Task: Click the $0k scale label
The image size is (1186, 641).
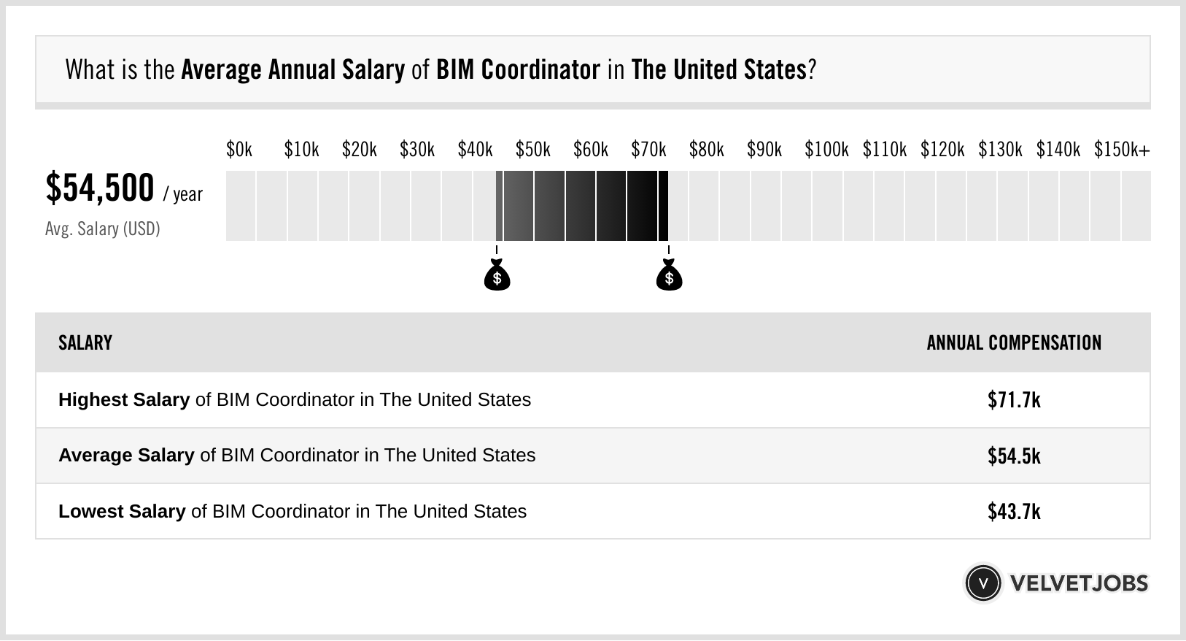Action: pos(239,150)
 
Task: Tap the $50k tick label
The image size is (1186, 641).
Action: pos(532,150)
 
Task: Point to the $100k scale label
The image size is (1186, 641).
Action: pos(826,150)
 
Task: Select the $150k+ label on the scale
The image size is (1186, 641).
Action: pos(1122,150)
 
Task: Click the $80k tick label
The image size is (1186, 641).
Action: pos(706,150)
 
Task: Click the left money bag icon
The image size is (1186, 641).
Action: pos(497,275)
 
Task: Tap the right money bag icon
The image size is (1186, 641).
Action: pos(669,275)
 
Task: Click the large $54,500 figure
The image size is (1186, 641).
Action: pos(100,188)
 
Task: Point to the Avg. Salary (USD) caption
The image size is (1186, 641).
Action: pos(103,229)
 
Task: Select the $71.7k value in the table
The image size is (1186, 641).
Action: pos(1014,400)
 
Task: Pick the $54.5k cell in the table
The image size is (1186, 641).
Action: pos(1014,456)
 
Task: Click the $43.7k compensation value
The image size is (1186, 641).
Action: pos(1014,512)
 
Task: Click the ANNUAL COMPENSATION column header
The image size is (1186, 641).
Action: pos(1014,343)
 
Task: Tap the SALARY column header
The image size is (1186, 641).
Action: pos(85,343)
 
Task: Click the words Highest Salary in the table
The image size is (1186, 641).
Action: pos(124,400)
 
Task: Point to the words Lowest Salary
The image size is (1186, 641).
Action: pos(122,512)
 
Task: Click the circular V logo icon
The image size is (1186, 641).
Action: pos(982,583)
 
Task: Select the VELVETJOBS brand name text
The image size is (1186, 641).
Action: pos(1079,583)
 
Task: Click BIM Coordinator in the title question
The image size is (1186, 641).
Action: pos(518,70)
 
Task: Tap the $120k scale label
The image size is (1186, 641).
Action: pos(942,150)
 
